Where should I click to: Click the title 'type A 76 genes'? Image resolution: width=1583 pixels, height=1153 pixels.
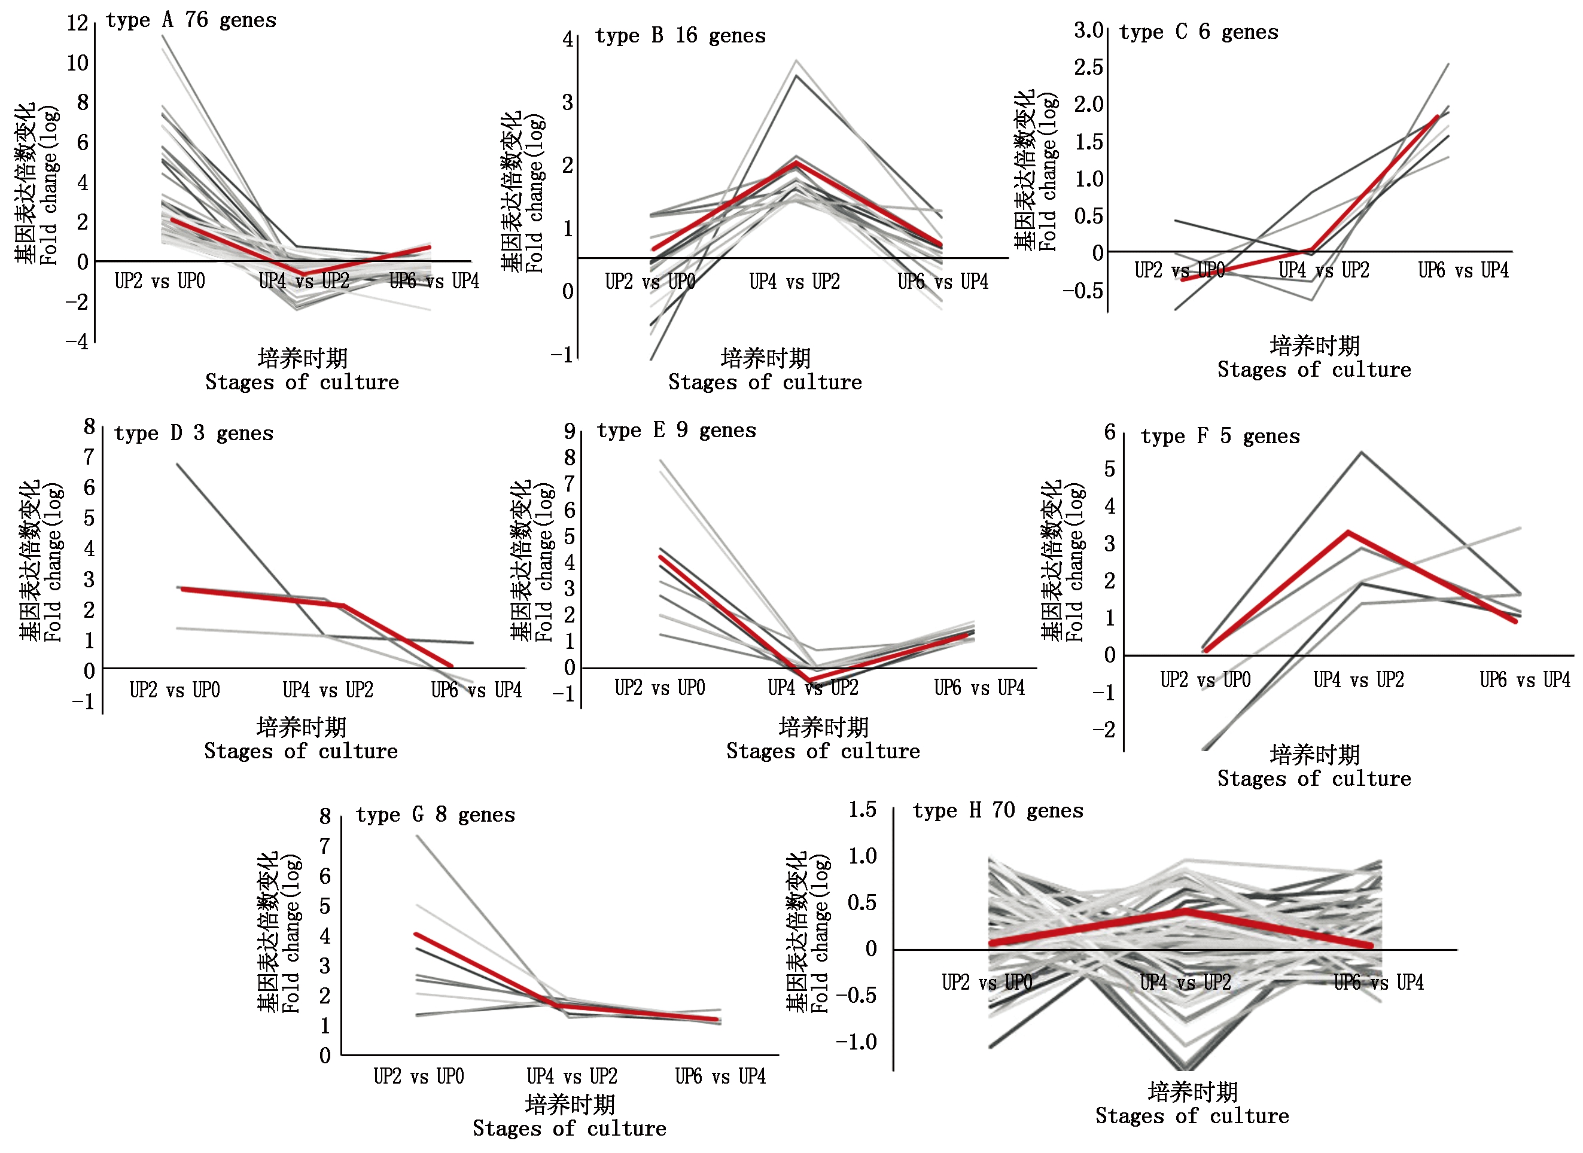(x=191, y=20)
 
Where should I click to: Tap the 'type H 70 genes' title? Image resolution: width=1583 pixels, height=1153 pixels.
(x=998, y=810)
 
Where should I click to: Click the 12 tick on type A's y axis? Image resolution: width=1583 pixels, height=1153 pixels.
(x=78, y=23)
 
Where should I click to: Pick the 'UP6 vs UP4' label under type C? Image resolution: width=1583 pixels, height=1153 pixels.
(x=1463, y=270)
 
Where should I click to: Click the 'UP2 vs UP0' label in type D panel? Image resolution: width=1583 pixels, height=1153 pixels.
(x=175, y=690)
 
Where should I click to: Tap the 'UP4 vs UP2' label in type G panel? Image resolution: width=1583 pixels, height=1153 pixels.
(x=572, y=1076)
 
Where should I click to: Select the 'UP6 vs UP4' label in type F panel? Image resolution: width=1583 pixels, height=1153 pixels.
(x=1524, y=680)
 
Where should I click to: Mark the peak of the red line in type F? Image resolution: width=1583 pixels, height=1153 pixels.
(x=1348, y=532)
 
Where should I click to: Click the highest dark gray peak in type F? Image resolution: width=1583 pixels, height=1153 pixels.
(x=1362, y=453)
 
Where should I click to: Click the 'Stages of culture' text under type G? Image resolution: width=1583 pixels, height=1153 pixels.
(x=569, y=1128)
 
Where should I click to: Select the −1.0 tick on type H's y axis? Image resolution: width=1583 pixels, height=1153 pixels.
(x=856, y=1042)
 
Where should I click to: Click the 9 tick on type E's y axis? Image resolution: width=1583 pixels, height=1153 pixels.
(x=570, y=431)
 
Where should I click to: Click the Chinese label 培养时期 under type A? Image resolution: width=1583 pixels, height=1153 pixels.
(x=302, y=358)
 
